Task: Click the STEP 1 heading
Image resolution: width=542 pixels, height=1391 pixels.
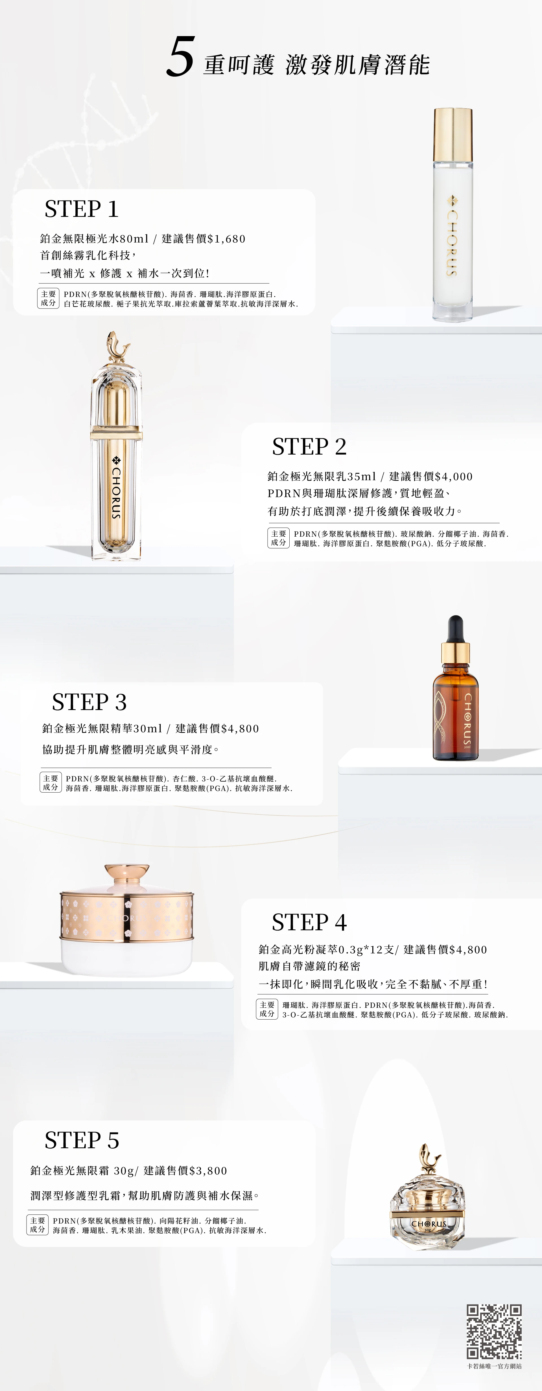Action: click(x=82, y=209)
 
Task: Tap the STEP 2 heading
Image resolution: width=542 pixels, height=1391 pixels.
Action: click(x=309, y=447)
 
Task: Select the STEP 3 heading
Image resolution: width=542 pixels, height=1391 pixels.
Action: click(x=89, y=702)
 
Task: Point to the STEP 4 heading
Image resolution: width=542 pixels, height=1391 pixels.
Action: click(x=309, y=922)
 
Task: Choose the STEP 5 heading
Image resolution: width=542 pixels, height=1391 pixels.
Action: click(x=82, y=1140)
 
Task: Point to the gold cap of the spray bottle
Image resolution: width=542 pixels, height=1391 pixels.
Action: click(x=453, y=134)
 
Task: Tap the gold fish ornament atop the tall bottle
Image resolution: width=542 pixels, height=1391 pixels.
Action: click(x=118, y=346)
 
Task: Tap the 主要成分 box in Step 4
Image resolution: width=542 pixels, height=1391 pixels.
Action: click(x=267, y=1009)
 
